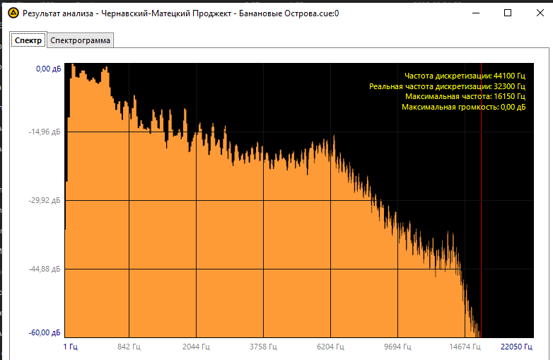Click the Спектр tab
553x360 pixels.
click(x=28, y=41)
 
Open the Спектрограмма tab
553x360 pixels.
click(x=80, y=41)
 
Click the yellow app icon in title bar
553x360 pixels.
click(x=13, y=13)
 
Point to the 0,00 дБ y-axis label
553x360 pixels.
click(x=48, y=69)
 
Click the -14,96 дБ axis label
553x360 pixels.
click(x=47, y=132)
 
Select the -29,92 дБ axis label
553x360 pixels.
click(x=47, y=201)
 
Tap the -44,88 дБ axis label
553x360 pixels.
click(x=47, y=269)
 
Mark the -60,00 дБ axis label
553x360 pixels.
click(x=47, y=333)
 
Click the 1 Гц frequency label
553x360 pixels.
click(x=70, y=347)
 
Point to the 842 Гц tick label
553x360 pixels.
click(x=129, y=347)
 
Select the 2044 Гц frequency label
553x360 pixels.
click(x=196, y=347)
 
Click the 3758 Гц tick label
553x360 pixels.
click(x=263, y=347)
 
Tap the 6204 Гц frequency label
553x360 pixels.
click(x=330, y=347)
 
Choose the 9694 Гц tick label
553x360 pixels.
click(x=397, y=347)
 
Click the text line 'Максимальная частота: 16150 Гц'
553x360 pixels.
click(x=465, y=96)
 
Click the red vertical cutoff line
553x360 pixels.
click(x=481, y=212)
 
